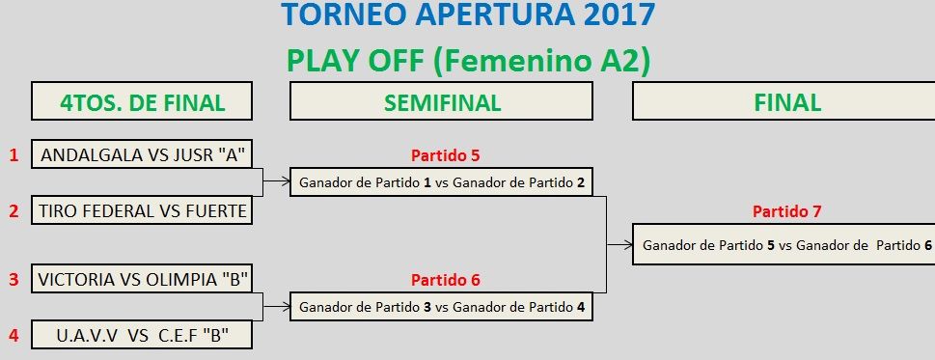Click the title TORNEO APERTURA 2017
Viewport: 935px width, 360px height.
tap(469, 14)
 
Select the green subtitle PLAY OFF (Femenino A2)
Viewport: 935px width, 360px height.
tap(469, 61)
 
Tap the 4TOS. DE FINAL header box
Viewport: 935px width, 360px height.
tap(142, 101)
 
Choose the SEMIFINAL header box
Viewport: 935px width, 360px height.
tap(441, 101)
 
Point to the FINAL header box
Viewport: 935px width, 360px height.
tap(784, 101)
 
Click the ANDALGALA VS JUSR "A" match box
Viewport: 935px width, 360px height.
tap(142, 155)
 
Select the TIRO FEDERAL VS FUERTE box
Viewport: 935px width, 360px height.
tap(142, 210)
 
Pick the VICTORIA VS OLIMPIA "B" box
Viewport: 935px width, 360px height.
tap(142, 279)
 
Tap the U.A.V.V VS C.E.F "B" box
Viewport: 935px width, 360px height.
tap(142, 335)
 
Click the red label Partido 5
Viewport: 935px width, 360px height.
tap(445, 156)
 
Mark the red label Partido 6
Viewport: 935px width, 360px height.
tap(445, 280)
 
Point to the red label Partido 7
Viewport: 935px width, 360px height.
tap(787, 211)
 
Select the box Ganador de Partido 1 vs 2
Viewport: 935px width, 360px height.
tap(441, 181)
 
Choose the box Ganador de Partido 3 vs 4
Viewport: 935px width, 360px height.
tap(441, 306)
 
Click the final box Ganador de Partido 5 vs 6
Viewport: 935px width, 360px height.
tap(784, 244)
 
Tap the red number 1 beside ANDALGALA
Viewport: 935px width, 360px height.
tap(14, 155)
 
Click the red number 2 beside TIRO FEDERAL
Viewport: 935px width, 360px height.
tap(14, 211)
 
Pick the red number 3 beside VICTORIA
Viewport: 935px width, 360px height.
tap(14, 279)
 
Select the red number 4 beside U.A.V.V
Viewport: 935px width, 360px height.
tap(14, 335)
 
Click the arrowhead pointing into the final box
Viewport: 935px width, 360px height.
tap(628, 244)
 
